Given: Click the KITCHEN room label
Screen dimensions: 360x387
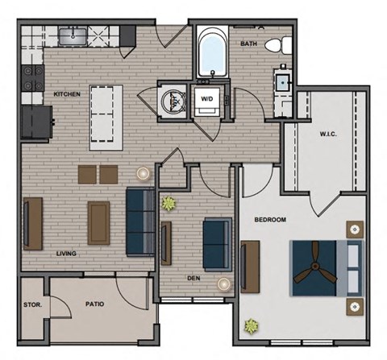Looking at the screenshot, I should (68, 93).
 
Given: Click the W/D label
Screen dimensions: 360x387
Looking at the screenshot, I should (206, 99).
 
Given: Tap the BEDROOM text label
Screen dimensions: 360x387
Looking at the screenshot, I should (271, 219).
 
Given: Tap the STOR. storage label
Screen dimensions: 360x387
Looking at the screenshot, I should (33, 305).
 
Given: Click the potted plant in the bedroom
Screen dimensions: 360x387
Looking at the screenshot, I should (252, 326).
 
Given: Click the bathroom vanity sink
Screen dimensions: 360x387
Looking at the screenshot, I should (284, 81).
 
